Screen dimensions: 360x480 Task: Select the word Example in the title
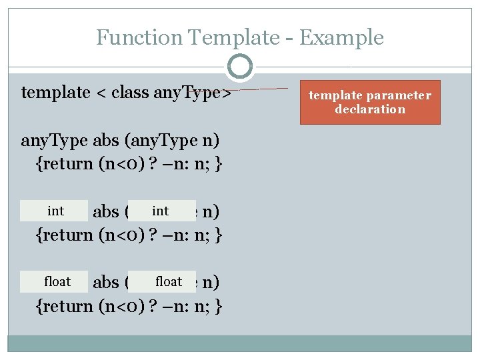[341, 37]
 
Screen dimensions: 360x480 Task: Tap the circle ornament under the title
[240, 67]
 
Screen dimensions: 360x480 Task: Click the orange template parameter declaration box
[369, 102]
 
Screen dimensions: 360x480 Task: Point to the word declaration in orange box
[369, 109]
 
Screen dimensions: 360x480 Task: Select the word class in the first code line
[130, 92]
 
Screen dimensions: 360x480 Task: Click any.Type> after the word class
[191, 92]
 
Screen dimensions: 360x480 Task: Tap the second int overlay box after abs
[161, 211]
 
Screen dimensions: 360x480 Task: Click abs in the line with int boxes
[105, 212]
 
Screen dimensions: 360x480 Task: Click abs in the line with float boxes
[105, 283]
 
